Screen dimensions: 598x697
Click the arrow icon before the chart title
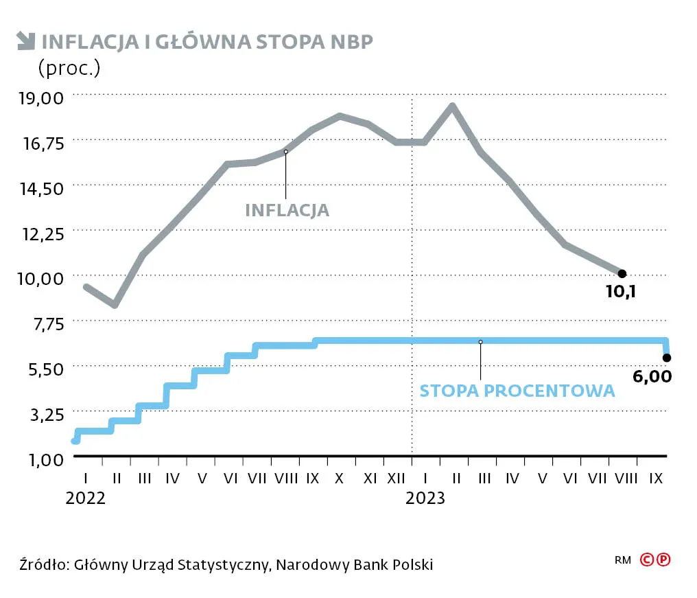(x=26, y=42)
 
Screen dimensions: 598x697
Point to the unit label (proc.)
(x=69, y=67)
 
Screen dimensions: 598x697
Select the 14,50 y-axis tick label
(x=43, y=187)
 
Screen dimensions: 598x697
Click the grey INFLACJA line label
(x=287, y=210)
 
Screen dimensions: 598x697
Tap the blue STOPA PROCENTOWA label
(x=517, y=391)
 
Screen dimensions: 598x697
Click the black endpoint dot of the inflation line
(x=622, y=274)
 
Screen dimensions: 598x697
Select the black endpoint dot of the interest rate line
(x=666, y=358)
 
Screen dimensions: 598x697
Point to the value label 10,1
(x=621, y=292)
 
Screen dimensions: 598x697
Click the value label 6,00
(x=652, y=376)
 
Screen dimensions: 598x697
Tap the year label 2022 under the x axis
(x=86, y=498)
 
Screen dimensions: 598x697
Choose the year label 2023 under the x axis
(x=425, y=498)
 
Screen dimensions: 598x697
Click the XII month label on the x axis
(x=397, y=478)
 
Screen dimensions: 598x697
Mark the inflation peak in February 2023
(x=452, y=106)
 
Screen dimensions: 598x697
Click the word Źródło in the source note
(x=43, y=565)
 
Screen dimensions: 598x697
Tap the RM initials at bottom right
(x=623, y=560)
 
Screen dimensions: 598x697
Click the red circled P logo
(x=663, y=560)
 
